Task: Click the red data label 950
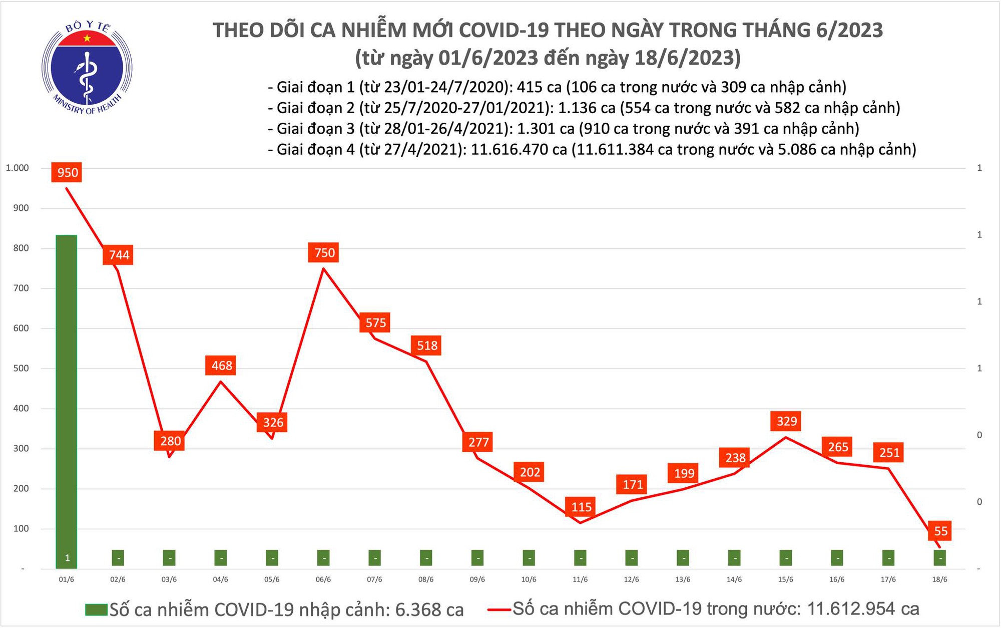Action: coord(68,173)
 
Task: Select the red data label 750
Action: coord(324,252)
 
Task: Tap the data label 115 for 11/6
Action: coord(582,507)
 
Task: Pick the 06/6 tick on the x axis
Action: coord(323,579)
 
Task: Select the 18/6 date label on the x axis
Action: coord(939,579)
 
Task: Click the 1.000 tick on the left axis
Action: coord(17,168)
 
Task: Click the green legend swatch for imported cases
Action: coord(96,609)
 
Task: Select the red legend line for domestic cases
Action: coord(499,609)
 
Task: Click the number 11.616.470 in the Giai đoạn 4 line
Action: coord(510,149)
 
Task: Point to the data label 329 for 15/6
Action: coord(787,421)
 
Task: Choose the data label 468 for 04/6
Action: coord(222,366)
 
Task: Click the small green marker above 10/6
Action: coord(529,557)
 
